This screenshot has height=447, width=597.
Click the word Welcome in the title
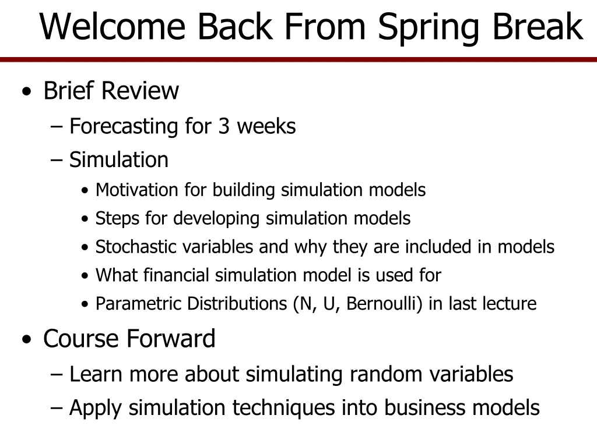[x=112, y=27]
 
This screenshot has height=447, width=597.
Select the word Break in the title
[x=540, y=27]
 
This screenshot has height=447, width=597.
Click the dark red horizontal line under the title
[x=298, y=60]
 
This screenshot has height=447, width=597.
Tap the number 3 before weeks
[x=224, y=126]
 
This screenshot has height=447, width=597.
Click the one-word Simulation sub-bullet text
[x=119, y=159]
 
